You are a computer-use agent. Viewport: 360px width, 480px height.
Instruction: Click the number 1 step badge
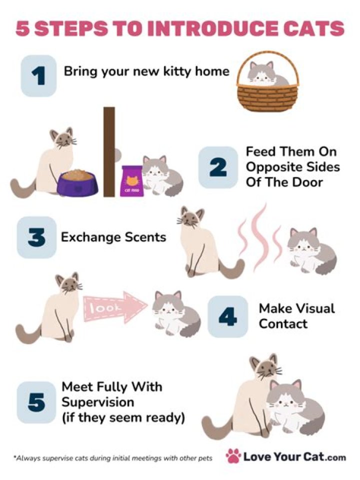tap(38, 76)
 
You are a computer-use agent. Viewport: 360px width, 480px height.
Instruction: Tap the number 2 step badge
tap(217, 167)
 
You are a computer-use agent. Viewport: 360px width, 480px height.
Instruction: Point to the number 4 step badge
tap(227, 316)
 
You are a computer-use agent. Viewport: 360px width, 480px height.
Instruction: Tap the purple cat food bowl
tap(77, 182)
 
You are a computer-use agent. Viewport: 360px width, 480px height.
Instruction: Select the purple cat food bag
tap(131, 181)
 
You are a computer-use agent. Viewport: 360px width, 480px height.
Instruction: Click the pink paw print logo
tap(233, 456)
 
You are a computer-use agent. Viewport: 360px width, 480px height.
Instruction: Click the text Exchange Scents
tap(113, 237)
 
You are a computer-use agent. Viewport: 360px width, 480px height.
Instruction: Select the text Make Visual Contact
tap(296, 316)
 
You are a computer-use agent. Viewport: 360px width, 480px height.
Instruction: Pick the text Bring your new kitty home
tap(146, 71)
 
